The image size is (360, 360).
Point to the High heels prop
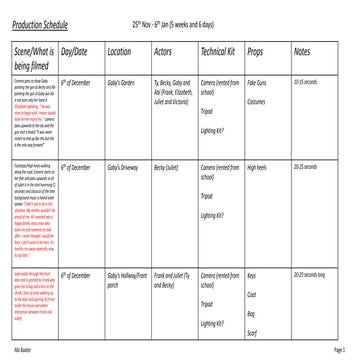coord(257,164)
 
